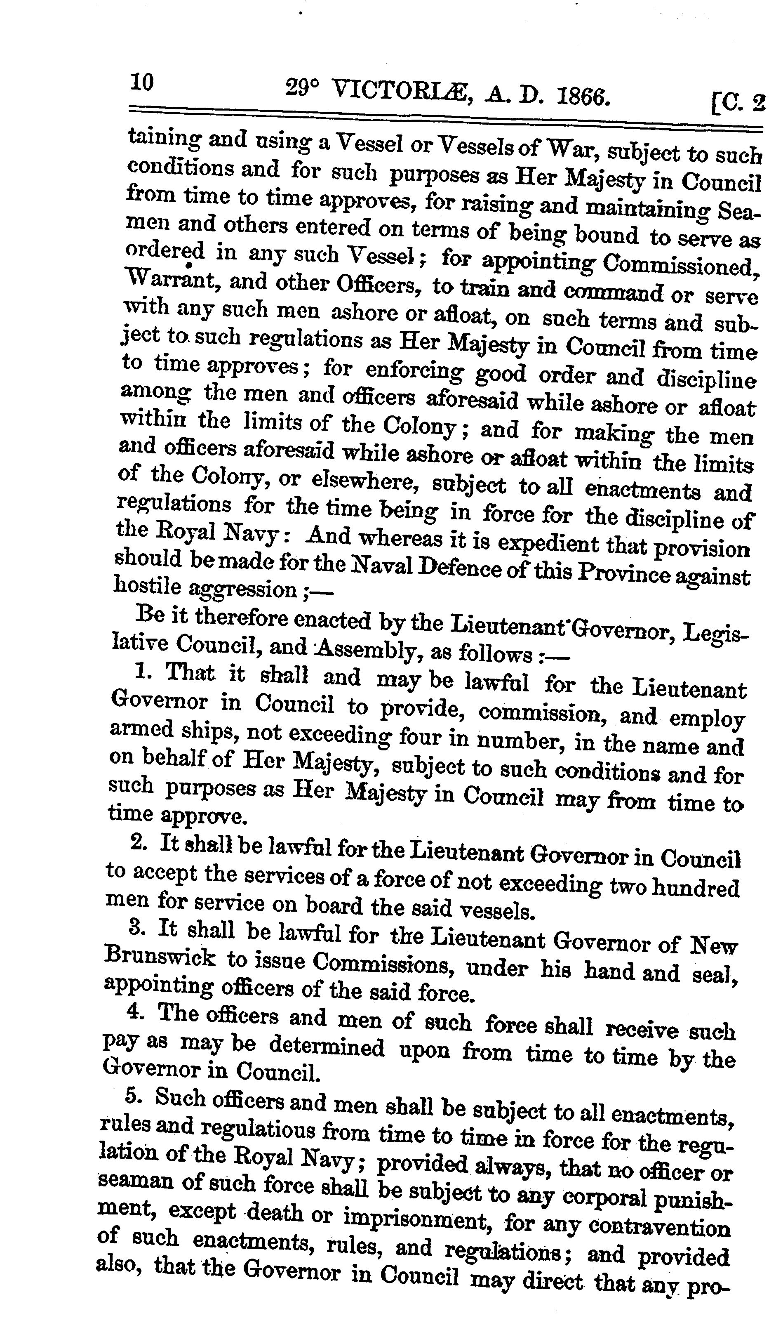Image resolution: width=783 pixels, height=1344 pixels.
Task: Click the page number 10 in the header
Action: tap(141, 83)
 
